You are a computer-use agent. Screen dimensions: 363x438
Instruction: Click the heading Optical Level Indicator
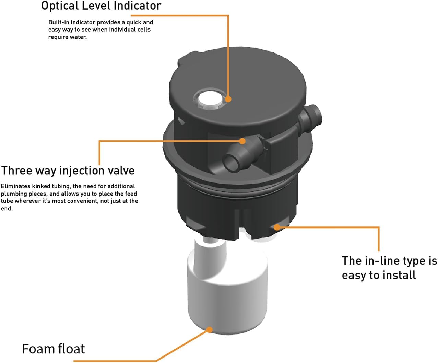pos(101,6)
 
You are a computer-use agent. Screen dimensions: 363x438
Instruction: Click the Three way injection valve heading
pos(68,171)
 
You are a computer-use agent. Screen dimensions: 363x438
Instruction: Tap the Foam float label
pos(53,349)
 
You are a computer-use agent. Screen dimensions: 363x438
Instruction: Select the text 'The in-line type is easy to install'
pos(389,268)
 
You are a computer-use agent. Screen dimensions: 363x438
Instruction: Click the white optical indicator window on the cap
pos(209,99)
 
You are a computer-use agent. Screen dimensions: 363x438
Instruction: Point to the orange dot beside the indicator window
pos(228,99)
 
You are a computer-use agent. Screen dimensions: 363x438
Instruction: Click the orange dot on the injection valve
pos(242,141)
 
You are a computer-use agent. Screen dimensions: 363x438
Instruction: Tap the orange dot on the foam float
pos(209,330)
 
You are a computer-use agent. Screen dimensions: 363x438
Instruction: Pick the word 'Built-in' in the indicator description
pos(59,22)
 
